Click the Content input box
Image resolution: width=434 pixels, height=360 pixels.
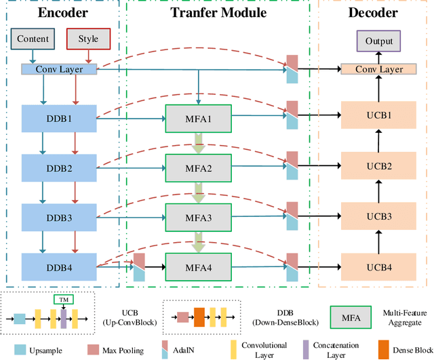point(31,39)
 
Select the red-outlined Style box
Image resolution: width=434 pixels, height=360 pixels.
point(88,39)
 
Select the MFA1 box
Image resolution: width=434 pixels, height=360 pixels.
point(199,118)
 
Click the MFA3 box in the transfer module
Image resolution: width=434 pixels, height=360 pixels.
point(199,218)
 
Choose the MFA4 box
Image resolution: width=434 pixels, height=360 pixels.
point(199,267)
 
